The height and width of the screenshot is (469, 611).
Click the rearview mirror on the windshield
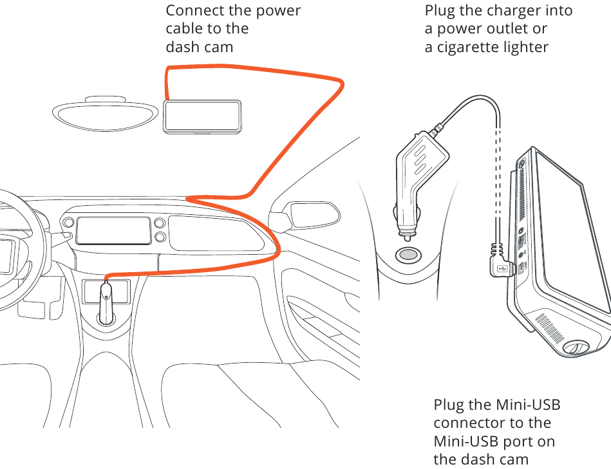pos(106,113)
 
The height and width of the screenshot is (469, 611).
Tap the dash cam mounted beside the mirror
pos(202,116)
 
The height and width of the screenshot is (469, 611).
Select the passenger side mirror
pos(310,214)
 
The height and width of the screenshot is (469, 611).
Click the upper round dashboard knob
pos(159,224)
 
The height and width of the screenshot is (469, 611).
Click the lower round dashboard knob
pos(159,237)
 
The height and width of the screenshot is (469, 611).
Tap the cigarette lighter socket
pos(407,255)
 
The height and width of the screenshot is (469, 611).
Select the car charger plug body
pos(418,167)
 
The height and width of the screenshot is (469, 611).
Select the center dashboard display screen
pos(113,230)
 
